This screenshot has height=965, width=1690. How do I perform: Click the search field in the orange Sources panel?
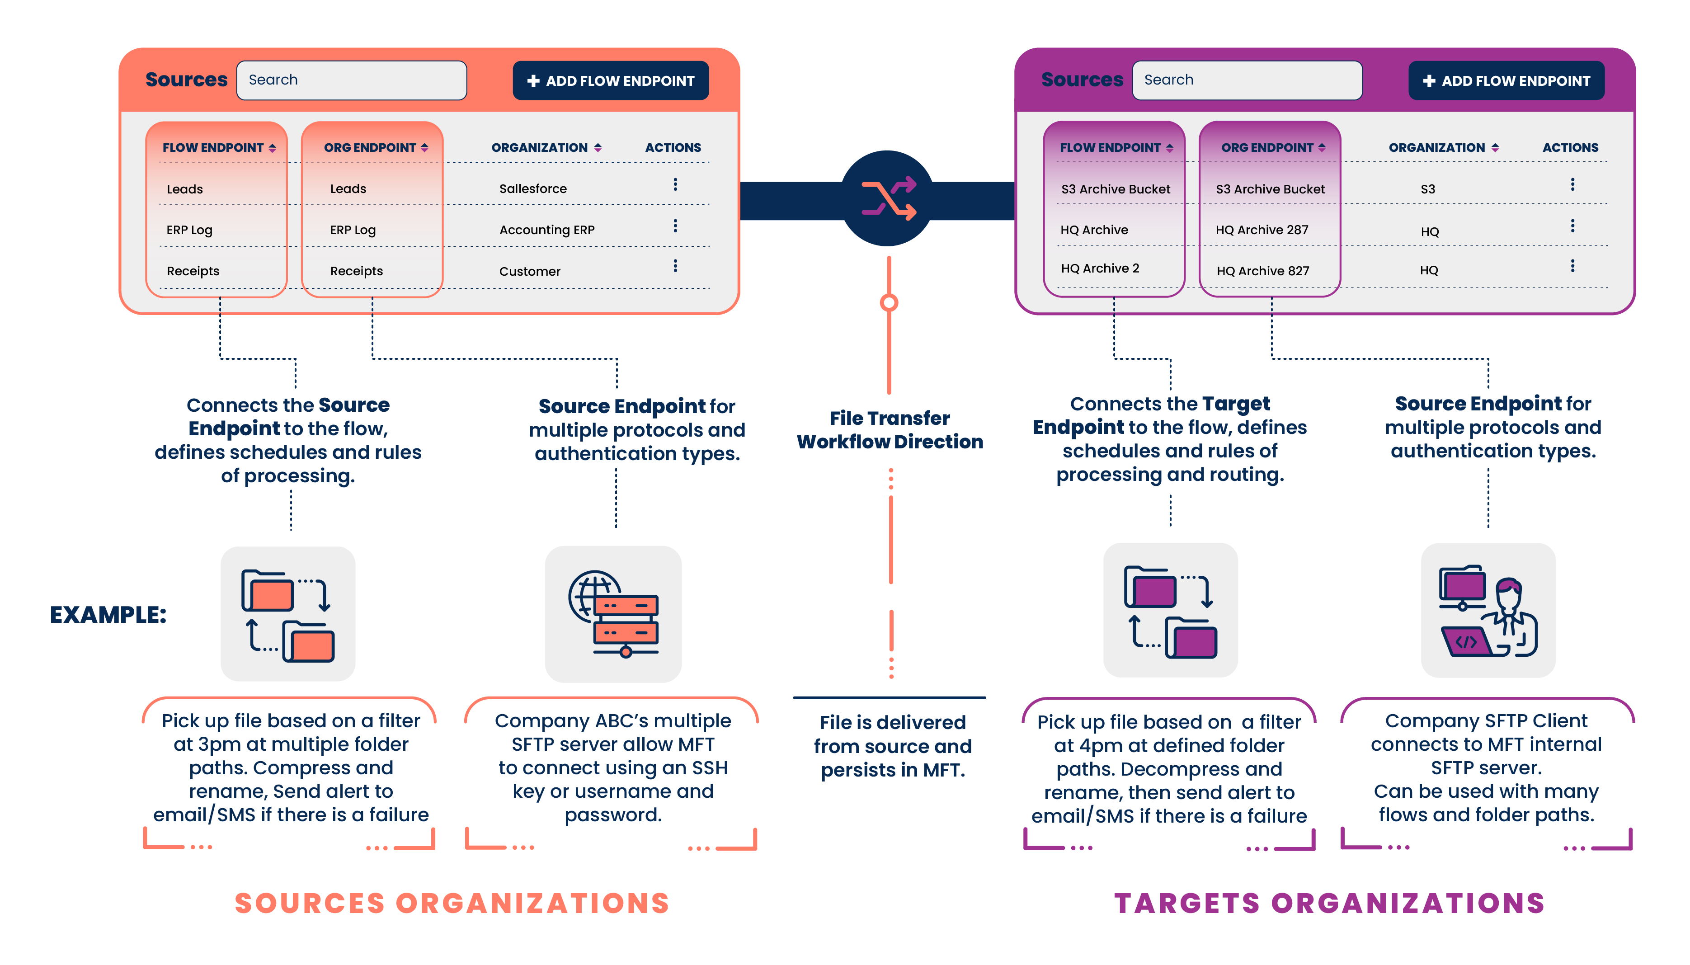click(x=351, y=80)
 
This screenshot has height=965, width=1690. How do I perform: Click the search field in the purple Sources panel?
click(x=1246, y=80)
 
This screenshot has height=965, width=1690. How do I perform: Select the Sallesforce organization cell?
click(x=533, y=189)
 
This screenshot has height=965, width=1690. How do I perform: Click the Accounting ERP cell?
click(x=547, y=230)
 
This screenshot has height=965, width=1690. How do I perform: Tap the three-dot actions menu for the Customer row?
click(x=675, y=266)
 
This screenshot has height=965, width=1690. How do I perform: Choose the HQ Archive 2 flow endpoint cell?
click(x=1100, y=268)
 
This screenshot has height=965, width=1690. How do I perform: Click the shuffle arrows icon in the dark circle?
click(x=888, y=198)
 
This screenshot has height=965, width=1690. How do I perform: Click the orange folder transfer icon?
click(x=287, y=614)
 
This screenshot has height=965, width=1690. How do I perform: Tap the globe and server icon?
click(x=613, y=614)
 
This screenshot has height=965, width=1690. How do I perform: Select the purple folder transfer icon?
click(x=1170, y=611)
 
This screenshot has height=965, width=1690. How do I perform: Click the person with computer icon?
click(x=1488, y=611)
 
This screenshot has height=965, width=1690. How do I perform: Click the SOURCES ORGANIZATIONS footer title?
click(x=452, y=904)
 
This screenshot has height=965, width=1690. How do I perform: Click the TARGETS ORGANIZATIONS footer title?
click(x=1329, y=904)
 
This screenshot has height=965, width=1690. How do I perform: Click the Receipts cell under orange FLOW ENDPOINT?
click(x=193, y=271)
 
